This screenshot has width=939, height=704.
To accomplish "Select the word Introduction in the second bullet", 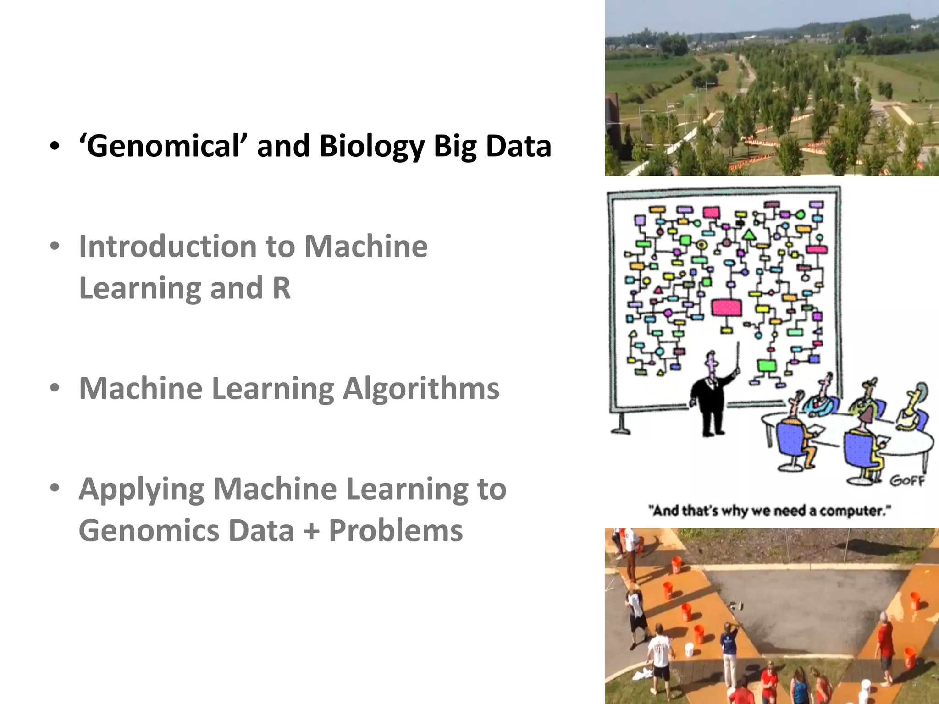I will (x=167, y=247).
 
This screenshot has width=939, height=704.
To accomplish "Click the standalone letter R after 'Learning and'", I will (x=282, y=288).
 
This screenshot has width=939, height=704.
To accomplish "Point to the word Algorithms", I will (x=421, y=389).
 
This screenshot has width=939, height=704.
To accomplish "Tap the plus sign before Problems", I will (x=311, y=531).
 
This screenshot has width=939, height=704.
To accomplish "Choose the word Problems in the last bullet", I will (x=396, y=531).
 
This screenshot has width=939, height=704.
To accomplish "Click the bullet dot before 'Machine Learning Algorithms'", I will (x=55, y=388).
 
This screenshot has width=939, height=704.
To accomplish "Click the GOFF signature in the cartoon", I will (x=907, y=481).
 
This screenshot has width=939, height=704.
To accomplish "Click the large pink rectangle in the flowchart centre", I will (x=727, y=307).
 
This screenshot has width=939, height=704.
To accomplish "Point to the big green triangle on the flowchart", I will (x=749, y=235).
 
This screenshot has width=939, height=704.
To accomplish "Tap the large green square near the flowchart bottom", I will (x=766, y=365).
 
